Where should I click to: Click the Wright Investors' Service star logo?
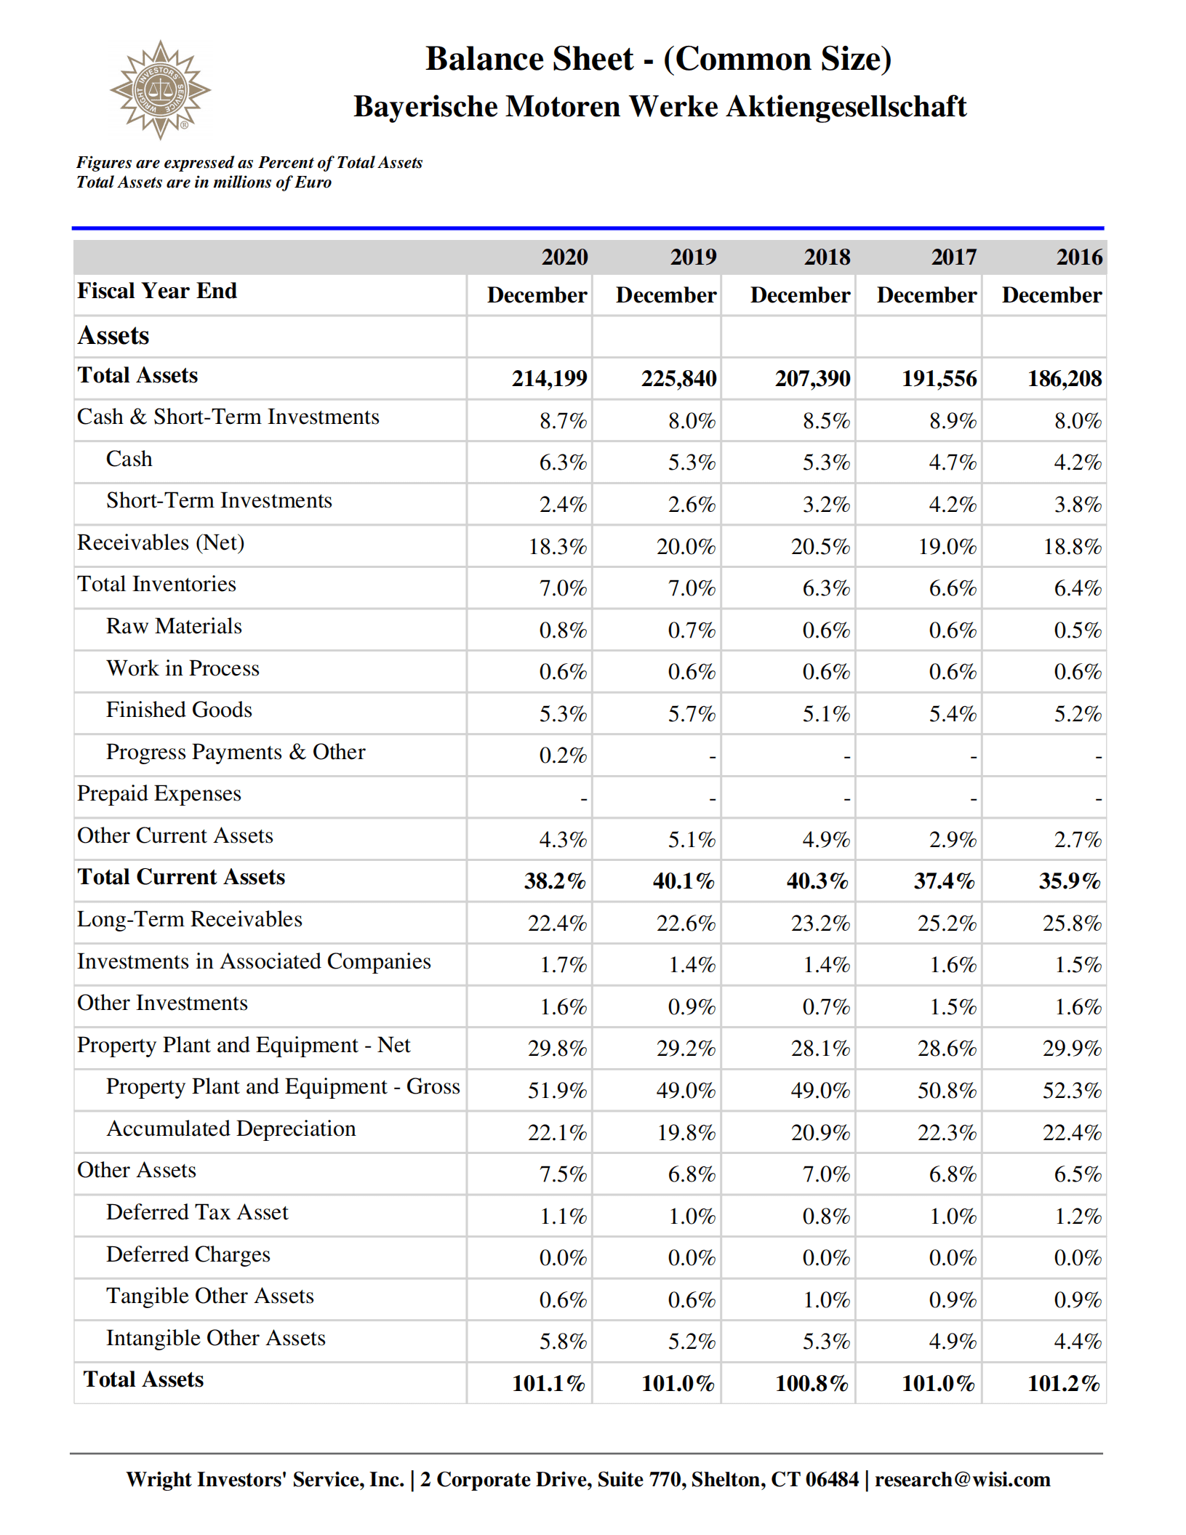click(x=160, y=90)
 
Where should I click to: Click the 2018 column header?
click(x=826, y=257)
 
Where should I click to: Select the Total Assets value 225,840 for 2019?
click(x=678, y=378)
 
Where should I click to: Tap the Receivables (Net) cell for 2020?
click(x=557, y=546)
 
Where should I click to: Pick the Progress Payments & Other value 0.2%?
click(x=562, y=756)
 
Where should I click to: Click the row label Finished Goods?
click(x=179, y=710)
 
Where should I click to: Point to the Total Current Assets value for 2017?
click(x=944, y=881)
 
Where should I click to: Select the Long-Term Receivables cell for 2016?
click(x=1071, y=923)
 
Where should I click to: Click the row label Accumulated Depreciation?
click(x=231, y=1129)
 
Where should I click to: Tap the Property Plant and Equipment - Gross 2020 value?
click(x=557, y=1091)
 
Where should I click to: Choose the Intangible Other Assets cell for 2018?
click(x=825, y=1342)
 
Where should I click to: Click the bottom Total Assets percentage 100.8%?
click(x=812, y=1383)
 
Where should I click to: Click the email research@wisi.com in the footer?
click(x=962, y=1479)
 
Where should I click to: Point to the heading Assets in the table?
click(x=113, y=336)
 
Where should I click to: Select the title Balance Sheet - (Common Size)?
click(x=658, y=59)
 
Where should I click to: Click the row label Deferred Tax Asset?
click(x=197, y=1212)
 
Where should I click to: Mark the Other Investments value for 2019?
click(x=691, y=1007)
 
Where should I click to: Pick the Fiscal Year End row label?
click(x=157, y=291)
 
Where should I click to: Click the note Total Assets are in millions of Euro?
click(x=204, y=183)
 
